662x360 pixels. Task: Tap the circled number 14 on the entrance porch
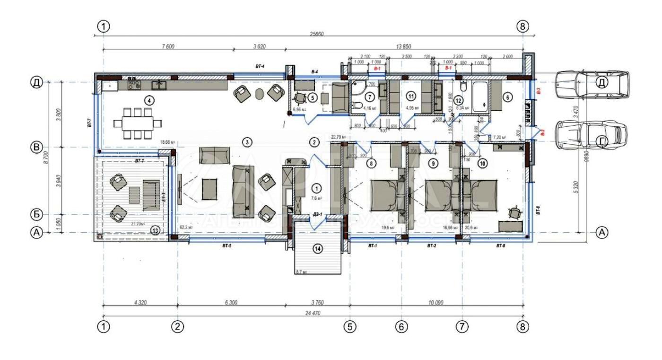318,248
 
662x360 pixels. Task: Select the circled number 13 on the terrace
156,230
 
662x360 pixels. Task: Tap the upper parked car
592,85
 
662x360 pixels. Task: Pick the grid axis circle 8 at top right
523,26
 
